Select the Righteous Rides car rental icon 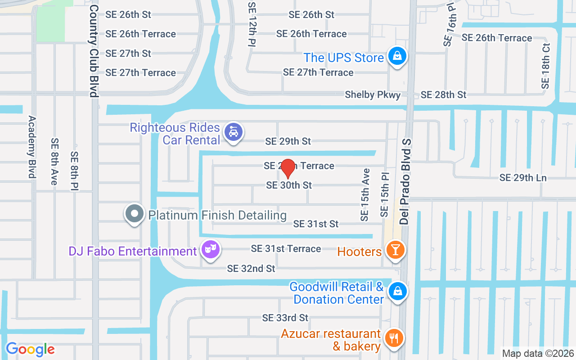coord(234,132)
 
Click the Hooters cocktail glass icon coord(396,250)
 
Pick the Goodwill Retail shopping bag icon coord(398,291)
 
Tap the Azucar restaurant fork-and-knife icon coord(394,338)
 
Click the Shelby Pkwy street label coord(373,95)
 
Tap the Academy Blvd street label coord(32,147)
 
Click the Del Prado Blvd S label coord(405,181)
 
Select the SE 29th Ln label coord(523,178)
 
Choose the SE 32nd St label coord(251,269)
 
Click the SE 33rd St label coord(285,318)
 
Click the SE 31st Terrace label coord(286,248)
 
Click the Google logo coord(30,349)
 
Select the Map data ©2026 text coord(537,353)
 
